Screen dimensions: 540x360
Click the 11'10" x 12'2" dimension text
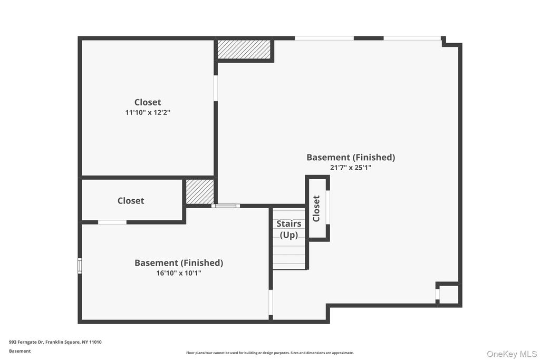coord(148,113)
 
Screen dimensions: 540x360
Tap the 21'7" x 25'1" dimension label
coord(351,168)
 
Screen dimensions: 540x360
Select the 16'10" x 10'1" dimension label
coord(179,273)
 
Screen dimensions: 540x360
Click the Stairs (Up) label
coord(289,229)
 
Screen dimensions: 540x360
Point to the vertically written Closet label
coord(316,209)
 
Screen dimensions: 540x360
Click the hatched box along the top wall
coord(244,50)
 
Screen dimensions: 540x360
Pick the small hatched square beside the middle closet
coord(200,192)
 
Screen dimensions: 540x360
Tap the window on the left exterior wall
coord(80,266)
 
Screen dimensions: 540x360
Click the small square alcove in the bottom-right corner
coord(449,294)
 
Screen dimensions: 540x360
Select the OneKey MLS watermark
coord(512,354)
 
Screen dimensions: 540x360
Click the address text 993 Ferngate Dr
coord(26,342)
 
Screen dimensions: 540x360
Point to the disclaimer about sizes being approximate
coord(270,353)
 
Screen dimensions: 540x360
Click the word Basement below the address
coord(20,351)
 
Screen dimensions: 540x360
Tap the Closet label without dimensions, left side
coord(131,201)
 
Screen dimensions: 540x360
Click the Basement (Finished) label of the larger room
coord(351,157)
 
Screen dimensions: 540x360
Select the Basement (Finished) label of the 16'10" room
coord(179,263)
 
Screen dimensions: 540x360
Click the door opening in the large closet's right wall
coord(216,88)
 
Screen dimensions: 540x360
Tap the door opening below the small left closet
coord(112,222)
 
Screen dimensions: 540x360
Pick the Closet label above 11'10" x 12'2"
coord(148,102)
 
